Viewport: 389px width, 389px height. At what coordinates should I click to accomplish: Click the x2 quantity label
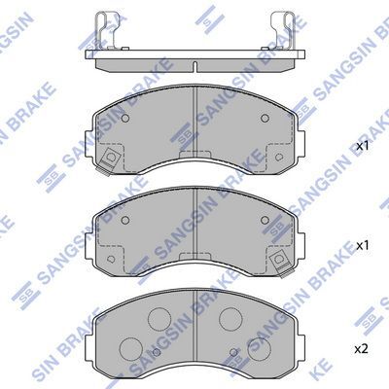pos(362,349)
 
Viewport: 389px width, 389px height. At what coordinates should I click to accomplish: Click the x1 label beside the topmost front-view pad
pos(363,146)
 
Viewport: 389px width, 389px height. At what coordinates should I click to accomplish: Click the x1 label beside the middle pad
pos(363,246)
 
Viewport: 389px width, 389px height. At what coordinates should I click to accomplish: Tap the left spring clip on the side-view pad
pos(103,30)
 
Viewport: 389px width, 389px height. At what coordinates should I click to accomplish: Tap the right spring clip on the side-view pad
pos(284,30)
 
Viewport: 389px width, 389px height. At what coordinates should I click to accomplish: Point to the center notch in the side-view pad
pos(194,66)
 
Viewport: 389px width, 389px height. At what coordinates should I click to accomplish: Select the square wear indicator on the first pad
pos(110,159)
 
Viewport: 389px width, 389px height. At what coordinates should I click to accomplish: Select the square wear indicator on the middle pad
pos(279,260)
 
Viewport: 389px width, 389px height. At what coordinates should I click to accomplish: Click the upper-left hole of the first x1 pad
pos(125,119)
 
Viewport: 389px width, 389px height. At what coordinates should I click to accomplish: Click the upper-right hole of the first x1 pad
pos(265,119)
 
